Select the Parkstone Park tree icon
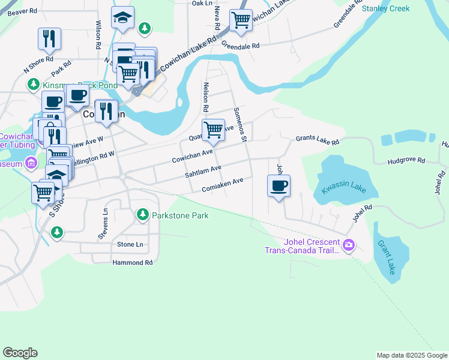(x=142, y=214)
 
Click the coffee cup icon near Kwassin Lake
(x=278, y=186)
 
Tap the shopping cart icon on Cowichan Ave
(x=213, y=130)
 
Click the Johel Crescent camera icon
(x=349, y=245)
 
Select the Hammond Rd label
(x=132, y=263)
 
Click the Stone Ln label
(x=130, y=244)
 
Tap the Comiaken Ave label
(x=223, y=184)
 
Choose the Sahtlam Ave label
(x=203, y=171)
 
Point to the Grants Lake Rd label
(x=317, y=140)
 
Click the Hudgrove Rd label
(x=406, y=161)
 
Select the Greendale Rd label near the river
(x=240, y=46)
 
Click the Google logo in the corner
(x=20, y=353)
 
